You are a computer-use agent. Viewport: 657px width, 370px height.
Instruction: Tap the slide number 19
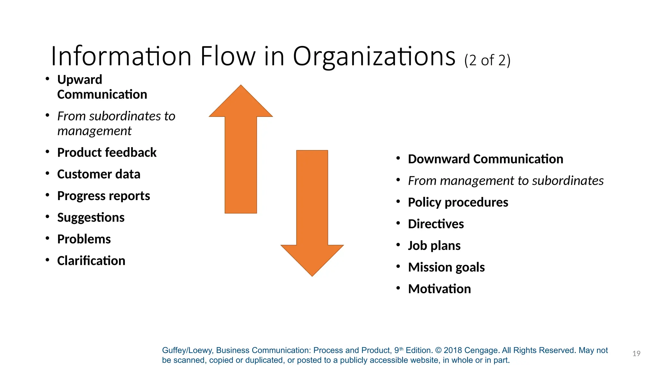(636, 354)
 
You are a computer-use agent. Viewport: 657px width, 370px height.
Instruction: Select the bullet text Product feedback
(107, 153)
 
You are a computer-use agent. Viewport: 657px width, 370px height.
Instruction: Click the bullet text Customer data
(98, 174)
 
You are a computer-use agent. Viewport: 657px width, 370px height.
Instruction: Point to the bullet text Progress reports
(103, 196)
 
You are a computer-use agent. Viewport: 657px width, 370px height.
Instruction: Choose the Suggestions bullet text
(91, 217)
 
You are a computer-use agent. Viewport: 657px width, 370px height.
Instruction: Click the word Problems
(84, 239)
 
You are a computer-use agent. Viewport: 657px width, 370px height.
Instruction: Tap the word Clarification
(91, 261)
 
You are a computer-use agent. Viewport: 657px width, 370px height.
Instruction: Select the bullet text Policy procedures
(458, 202)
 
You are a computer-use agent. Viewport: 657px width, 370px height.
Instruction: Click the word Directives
(436, 224)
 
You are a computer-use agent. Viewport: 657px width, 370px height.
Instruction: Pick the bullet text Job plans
(434, 246)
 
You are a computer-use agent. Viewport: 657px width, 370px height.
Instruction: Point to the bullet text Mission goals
(446, 267)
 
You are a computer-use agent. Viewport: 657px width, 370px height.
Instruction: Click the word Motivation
(439, 289)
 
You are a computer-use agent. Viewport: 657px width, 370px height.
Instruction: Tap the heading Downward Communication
(485, 159)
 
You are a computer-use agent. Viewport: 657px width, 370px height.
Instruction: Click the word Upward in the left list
(80, 80)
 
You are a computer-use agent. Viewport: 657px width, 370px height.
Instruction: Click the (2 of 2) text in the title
(487, 60)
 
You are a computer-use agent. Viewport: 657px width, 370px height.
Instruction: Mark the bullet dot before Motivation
(398, 288)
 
